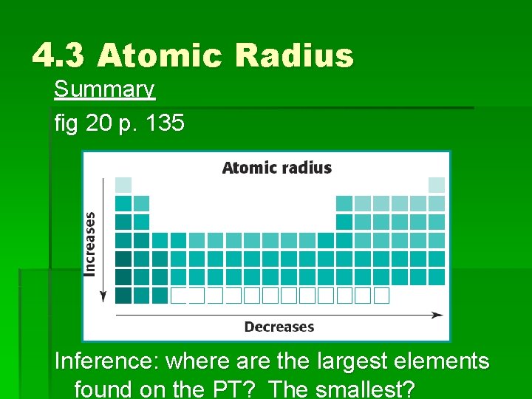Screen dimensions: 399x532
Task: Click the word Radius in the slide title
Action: point(295,55)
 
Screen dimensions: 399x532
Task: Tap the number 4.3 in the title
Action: point(59,55)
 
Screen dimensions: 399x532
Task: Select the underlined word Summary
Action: point(104,89)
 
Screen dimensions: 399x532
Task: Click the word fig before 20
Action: point(66,123)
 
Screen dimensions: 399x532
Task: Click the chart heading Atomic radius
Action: point(276,168)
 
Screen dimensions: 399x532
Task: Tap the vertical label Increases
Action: point(90,244)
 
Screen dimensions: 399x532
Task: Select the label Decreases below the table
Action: point(279,327)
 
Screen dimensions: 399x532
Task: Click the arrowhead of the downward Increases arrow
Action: point(103,296)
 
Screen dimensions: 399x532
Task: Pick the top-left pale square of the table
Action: point(123,185)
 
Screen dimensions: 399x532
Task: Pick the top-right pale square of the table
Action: point(437,185)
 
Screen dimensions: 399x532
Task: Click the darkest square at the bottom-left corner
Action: point(123,296)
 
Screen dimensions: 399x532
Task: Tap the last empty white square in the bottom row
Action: point(381,296)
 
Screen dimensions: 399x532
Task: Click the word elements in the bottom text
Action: point(446,361)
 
